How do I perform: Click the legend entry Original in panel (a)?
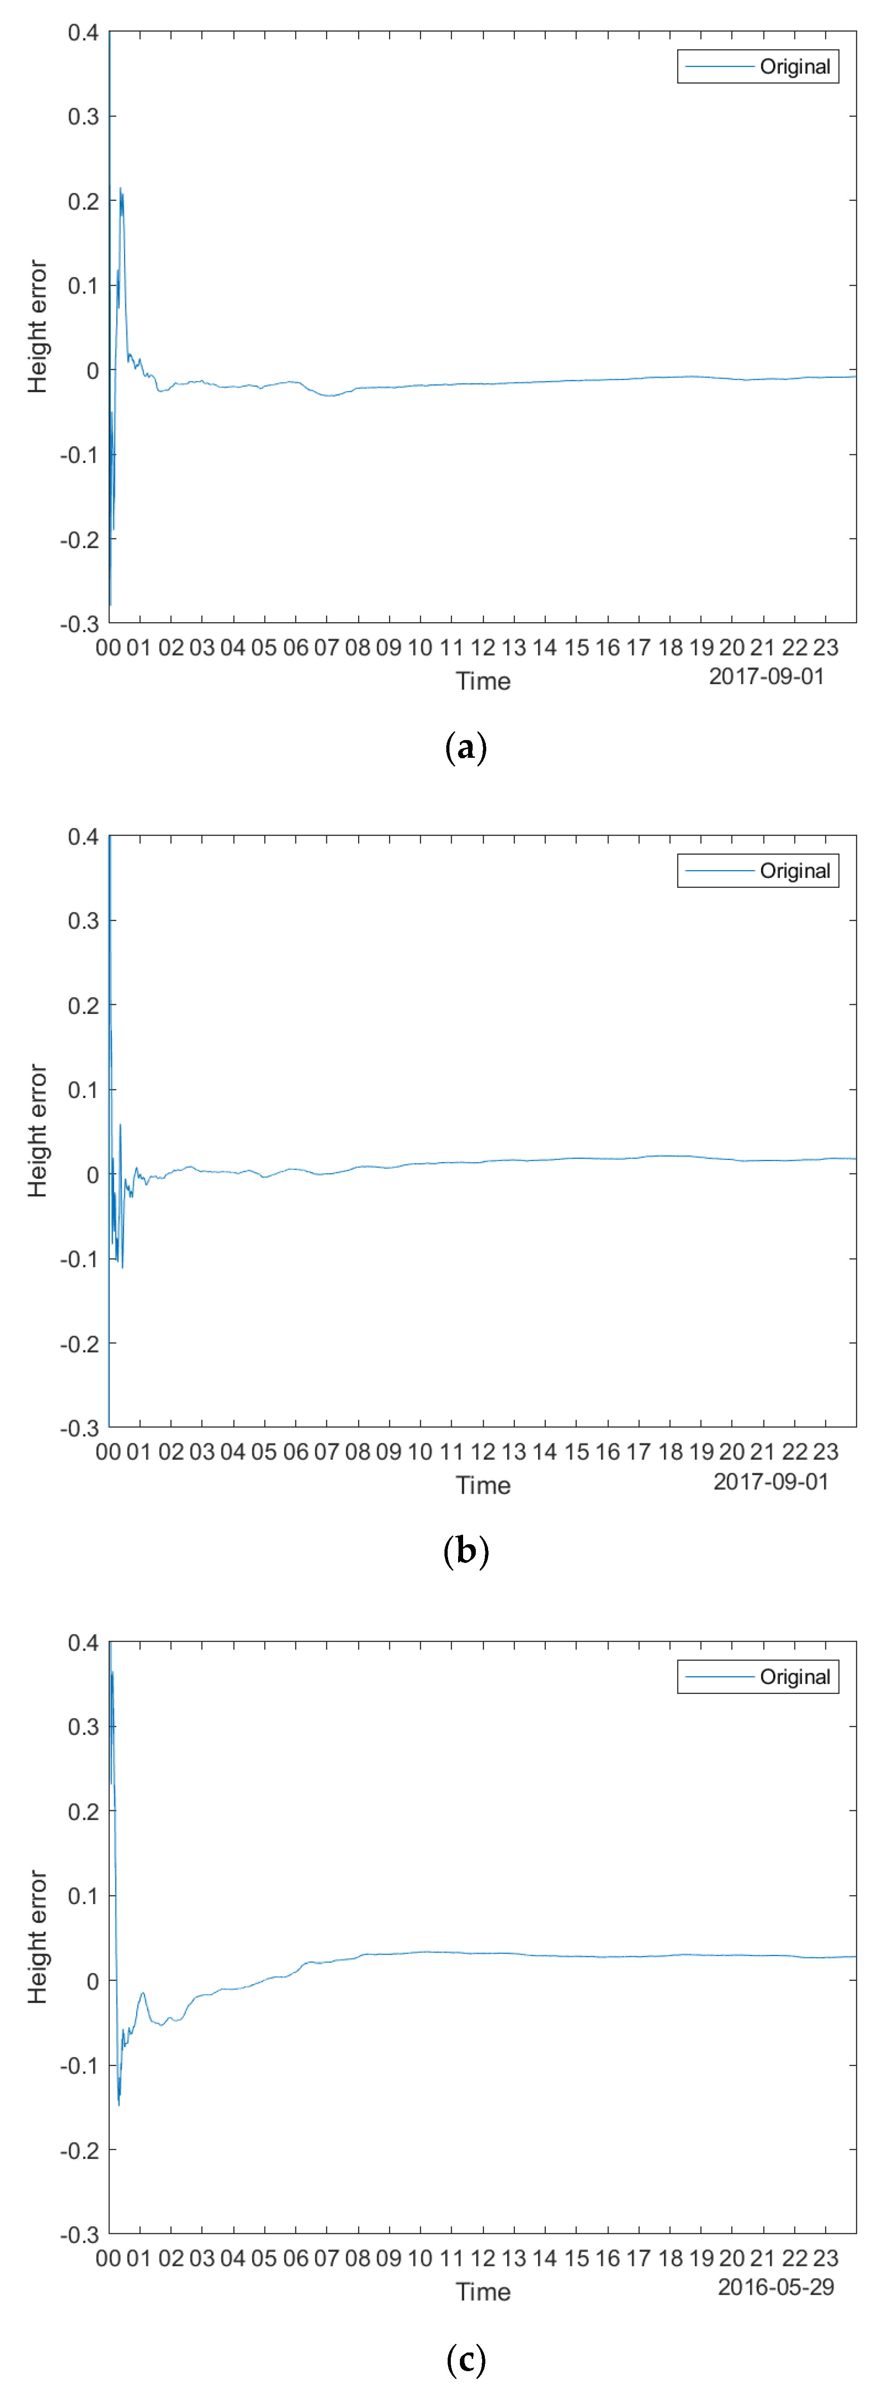[795, 67]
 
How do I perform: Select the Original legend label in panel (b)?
[795, 872]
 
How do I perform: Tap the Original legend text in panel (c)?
[795, 1677]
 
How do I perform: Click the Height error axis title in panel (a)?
[37, 327]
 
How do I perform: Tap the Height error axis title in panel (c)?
[37, 1937]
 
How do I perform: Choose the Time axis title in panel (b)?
[483, 1486]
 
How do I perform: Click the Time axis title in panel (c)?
[483, 2292]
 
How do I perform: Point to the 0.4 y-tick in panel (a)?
[83, 34]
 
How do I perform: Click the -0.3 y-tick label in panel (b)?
[79, 1428]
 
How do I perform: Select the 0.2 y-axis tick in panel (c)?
[83, 1812]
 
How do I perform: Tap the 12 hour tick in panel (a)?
[483, 647]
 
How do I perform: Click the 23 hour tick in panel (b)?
[825, 1452]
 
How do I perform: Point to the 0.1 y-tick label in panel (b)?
[83, 1090]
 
